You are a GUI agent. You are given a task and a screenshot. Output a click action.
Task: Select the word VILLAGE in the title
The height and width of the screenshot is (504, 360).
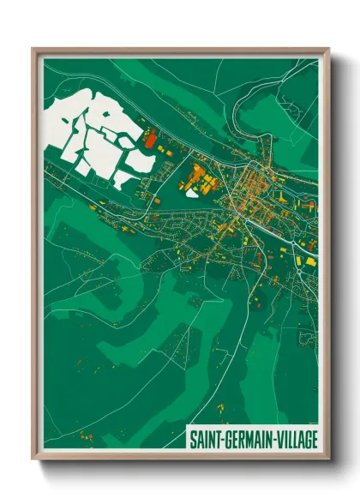coord(296,440)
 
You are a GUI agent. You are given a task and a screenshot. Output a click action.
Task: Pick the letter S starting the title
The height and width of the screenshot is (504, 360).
coord(193,440)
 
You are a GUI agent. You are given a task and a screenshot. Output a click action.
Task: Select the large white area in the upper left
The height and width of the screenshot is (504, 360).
coord(90,137)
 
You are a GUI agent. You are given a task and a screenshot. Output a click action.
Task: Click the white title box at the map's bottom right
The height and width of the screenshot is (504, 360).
coord(253,440)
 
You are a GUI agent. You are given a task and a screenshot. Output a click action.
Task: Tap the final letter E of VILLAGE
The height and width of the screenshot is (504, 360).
coord(315,440)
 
